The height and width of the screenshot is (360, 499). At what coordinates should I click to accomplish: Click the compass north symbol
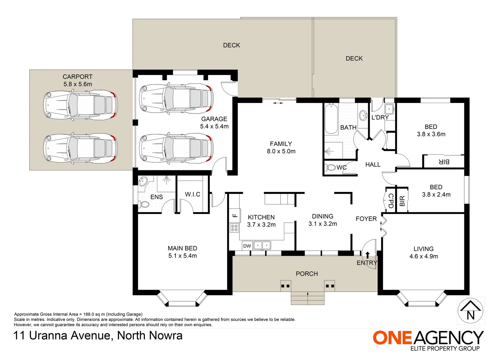pos(470,311)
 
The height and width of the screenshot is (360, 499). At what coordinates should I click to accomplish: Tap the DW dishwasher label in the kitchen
pos(247,246)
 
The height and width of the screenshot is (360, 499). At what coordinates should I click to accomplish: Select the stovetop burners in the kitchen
pos(234,228)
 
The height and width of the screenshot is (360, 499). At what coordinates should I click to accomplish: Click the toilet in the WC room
pos(330,167)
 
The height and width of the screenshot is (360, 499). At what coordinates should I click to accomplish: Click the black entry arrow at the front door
pos(368,255)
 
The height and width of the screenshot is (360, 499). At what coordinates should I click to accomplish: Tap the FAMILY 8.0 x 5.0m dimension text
pos(281,151)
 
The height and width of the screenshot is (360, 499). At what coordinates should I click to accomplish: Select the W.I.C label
pos(192,194)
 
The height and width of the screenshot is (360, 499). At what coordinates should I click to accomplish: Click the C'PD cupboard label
pos(391,201)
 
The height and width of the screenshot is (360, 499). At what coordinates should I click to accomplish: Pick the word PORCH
pos(307,274)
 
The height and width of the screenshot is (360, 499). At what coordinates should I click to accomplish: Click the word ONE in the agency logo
pos(392,338)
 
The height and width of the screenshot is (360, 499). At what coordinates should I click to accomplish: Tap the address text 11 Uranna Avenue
pos(62,336)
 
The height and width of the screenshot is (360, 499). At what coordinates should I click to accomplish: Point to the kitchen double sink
pos(262,246)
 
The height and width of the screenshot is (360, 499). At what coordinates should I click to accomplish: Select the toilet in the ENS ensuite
pos(144,204)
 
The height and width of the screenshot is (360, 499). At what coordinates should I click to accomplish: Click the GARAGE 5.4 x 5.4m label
pos(214,122)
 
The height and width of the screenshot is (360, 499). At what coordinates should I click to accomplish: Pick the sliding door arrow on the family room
pos(278,103)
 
